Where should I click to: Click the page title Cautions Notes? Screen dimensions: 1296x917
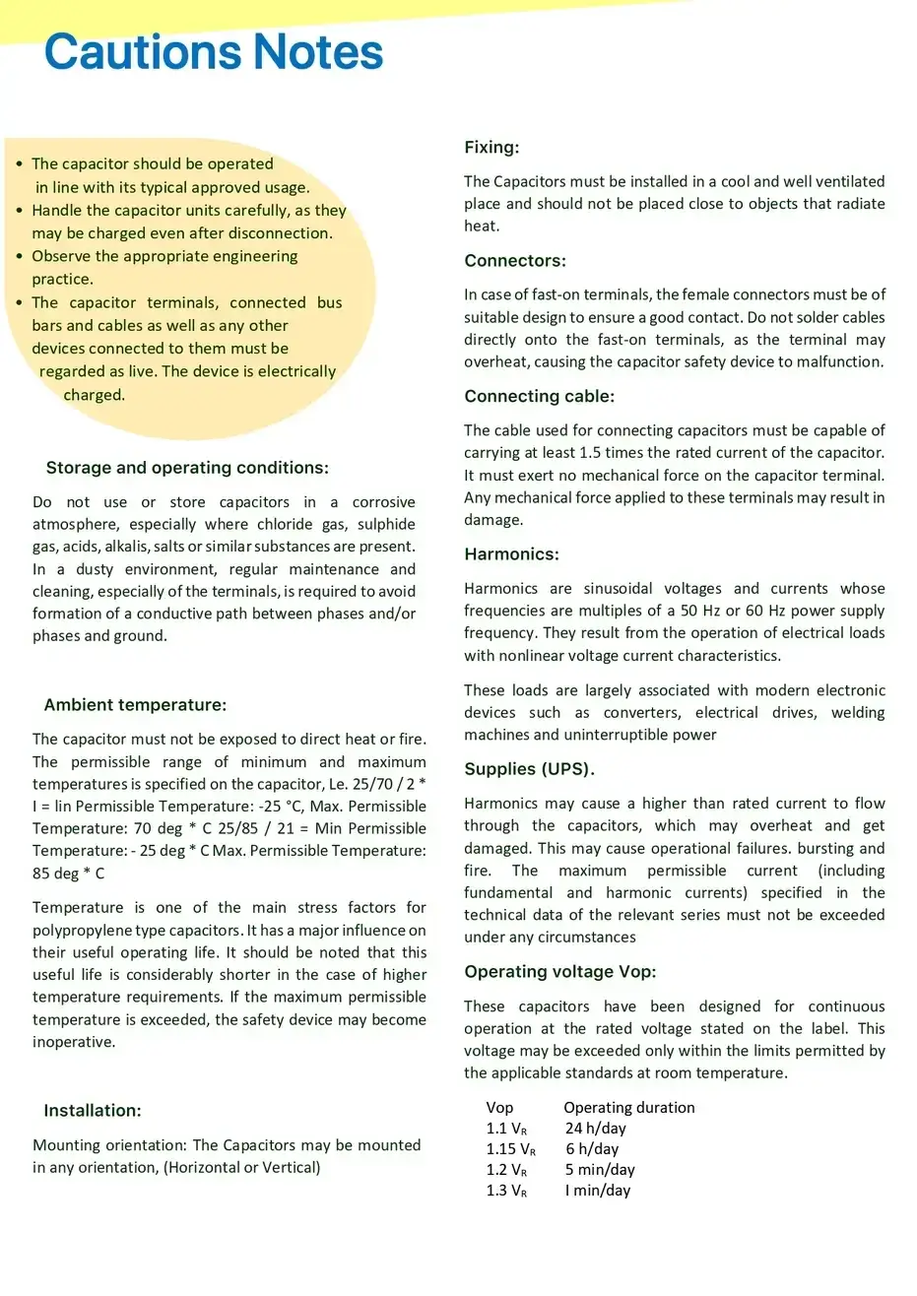214,52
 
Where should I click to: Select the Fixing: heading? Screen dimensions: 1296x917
491,148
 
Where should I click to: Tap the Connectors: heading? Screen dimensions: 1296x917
515,261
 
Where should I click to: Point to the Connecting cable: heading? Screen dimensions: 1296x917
539,396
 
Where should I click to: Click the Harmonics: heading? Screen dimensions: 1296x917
511,554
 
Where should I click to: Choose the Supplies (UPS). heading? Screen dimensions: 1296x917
529,769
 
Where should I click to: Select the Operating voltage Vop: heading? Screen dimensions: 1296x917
559,972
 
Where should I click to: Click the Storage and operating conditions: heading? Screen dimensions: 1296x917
187,468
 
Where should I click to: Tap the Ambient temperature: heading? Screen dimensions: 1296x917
135,705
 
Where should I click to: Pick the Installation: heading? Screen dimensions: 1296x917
93,1111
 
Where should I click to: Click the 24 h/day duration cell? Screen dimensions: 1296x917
595,1129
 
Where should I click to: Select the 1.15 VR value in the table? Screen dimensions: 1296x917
510,1149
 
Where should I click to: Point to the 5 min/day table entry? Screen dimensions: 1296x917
600,1170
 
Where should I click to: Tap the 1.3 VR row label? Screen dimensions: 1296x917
506,1191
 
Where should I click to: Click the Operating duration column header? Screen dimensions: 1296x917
628,1108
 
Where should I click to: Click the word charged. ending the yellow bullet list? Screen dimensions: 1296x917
95,395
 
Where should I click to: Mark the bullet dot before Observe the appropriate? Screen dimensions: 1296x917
19,256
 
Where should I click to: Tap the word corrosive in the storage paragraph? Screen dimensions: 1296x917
383,502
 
